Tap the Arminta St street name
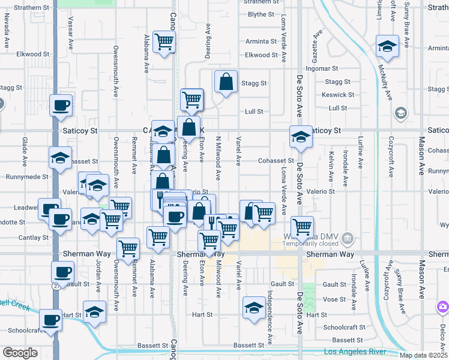tap(261, 42)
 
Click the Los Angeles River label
tap(358, 352)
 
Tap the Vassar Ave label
tap(70, 37)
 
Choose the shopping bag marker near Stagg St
tap(225, 82)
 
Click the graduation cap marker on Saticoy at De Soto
tap(301, 137)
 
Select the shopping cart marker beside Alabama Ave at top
tap(164, 41)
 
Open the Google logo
tap(20, 353)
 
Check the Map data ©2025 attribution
tap(423, 355)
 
